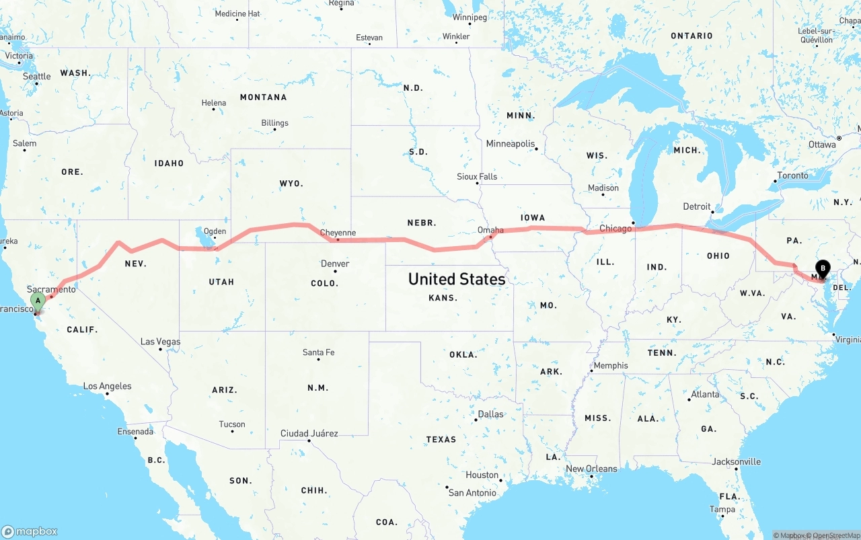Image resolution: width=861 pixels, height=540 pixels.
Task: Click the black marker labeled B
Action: (x=823, y=270)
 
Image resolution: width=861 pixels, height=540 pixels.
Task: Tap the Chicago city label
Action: (x=615, y=229)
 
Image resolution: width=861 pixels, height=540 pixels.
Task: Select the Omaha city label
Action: (x=490, y=230)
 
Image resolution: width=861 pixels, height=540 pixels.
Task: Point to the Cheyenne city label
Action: (x=338, y=233)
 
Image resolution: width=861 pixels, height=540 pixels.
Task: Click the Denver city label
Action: (x=335, y=264)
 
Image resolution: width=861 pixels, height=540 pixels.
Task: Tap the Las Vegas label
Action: (x=160, y=342)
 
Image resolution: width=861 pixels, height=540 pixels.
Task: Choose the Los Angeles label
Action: (x=108, y=386)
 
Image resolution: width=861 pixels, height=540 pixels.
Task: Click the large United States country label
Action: (x=457, y=278)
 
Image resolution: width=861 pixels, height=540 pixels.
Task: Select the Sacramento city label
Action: (x=52, y=289)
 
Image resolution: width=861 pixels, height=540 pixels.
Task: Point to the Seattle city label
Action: (x=37, y=77)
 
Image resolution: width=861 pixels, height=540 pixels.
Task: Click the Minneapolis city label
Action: (x=511, y=144)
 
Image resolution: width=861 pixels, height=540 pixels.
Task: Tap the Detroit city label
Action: (x=697, y=206)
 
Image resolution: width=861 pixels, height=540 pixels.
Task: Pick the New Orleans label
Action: (x=591, y=469)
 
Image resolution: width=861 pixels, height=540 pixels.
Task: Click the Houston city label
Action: (x=482, y=475)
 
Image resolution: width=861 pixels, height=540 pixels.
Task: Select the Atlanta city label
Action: (x=705, y=394)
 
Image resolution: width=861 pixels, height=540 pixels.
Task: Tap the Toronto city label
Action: (x=793, y=176)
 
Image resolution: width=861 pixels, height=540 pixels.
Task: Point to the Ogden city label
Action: (x=215, y=231)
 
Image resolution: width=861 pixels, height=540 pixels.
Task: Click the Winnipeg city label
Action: (x=470, y=17)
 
